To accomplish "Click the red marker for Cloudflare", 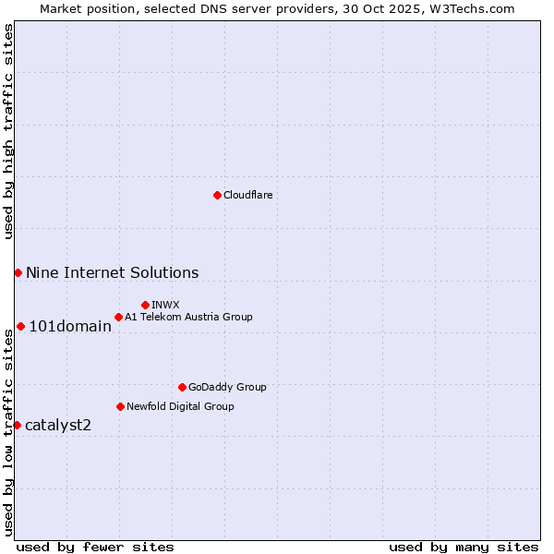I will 217,195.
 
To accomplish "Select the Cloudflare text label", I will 247,195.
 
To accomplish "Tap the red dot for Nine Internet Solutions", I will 18,272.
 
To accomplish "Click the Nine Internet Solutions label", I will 112,272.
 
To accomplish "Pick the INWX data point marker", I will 145,305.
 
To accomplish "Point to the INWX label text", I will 165,305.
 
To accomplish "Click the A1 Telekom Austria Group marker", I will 118,317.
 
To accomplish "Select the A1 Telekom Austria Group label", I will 188,317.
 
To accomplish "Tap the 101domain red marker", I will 20,326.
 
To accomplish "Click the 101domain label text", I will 70,326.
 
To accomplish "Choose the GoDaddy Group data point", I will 182,387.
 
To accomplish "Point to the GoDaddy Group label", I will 226,387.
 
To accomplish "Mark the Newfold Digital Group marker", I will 120,406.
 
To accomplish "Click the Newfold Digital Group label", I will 180,406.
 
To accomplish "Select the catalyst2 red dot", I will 17,425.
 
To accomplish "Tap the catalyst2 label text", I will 58,425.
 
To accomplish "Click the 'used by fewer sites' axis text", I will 95,547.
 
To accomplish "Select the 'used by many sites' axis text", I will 464,547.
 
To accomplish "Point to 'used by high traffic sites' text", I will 8,131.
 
